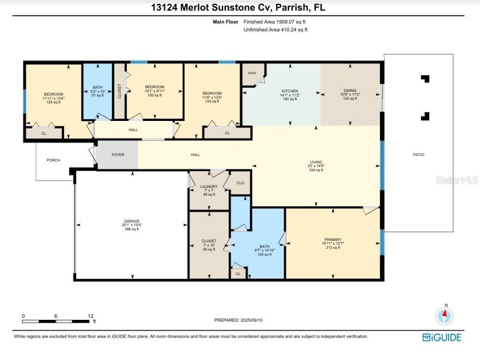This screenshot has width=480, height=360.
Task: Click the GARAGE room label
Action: point(132,221)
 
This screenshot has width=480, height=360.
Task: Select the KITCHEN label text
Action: point(289,91)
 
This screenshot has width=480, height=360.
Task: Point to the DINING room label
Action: point(350,91)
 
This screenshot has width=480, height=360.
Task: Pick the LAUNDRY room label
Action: point(209,186)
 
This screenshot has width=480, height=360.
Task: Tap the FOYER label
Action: point(118,155)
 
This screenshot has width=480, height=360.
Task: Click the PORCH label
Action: point(53,160)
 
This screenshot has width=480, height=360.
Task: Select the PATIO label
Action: point(419,155)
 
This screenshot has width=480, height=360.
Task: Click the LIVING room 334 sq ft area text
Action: point(316,170)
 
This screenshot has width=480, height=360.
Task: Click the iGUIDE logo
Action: point(441,337)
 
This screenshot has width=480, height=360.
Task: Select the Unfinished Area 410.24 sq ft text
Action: point(275,29)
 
